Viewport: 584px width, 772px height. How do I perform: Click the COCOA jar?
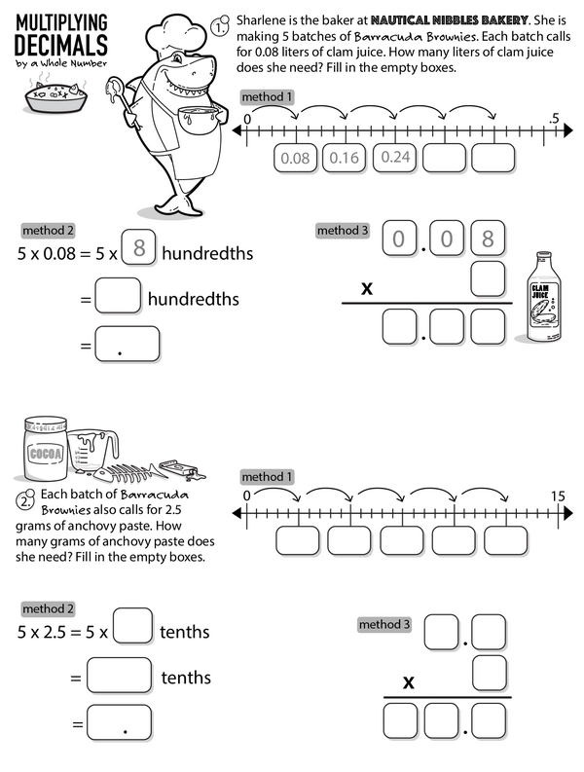(x=46, y=452)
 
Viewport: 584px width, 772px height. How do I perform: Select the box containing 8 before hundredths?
(x=139, y=248)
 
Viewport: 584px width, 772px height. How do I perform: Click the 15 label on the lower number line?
(x=558, y=496)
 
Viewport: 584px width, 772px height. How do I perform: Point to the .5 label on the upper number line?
(x=555, y=119)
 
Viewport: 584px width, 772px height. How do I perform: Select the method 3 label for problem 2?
(x=385, y=624)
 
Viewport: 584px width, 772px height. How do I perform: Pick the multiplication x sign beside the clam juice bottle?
(x=367, y=287)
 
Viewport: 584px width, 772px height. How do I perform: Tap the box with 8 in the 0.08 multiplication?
(x=488, y=239)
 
